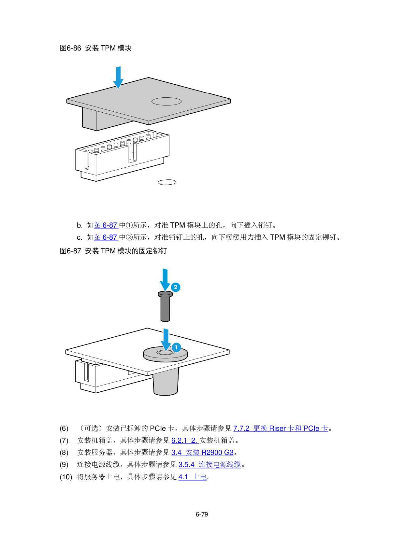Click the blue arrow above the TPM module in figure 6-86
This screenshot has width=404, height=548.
click(118, 78)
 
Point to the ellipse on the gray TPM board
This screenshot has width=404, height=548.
click(166, 101)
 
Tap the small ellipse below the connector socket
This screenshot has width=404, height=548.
click(167, 182)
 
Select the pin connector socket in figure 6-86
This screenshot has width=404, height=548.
click(123, 156)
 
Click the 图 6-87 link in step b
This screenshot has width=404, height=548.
click(106, 225)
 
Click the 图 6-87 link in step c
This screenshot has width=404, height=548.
click(106, 237)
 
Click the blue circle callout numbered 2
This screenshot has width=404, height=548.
click(176, 287)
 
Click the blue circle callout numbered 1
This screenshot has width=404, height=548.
click(176, 347)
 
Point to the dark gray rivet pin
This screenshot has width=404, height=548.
click(165, 306)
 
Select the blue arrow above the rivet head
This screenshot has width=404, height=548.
click(165, 280)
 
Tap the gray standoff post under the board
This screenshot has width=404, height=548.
click(166, 382)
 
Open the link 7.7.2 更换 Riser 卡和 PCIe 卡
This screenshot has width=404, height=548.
click(281, 429)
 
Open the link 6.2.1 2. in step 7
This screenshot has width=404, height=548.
click(185, 440)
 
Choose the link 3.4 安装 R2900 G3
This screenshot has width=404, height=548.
click(203, 453)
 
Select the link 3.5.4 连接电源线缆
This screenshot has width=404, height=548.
click(210, 465)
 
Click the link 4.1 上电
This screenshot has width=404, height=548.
click(193, 477)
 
